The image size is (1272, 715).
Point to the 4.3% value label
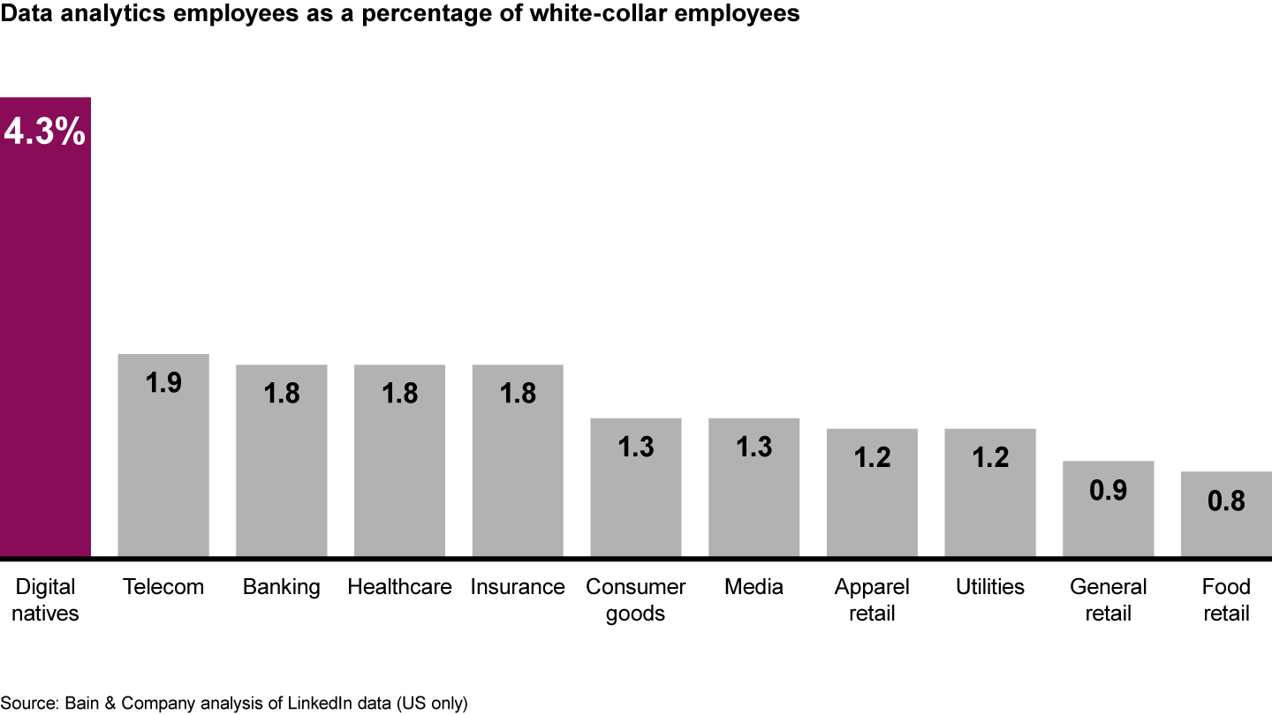coord(45,132)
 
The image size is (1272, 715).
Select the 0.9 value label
coord(1108,490)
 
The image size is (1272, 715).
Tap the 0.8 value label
coord(1226,500)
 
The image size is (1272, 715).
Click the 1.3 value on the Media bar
coord(754,447)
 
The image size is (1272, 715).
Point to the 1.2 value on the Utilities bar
coord(990,457)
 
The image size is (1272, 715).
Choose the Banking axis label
coord(282,587)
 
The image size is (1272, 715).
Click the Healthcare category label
coord(399,587)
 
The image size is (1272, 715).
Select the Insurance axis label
coord(518,587)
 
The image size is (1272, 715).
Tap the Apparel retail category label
coord(872,599)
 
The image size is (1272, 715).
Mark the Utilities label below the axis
coord(990,587)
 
